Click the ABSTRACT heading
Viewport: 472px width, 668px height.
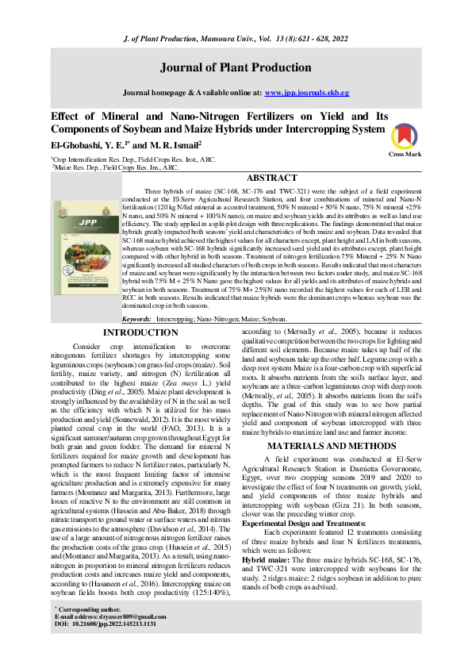tap(274, 179)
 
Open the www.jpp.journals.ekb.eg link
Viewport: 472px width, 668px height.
tap(306, 93)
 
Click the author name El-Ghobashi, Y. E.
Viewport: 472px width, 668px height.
tap(83, 145)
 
